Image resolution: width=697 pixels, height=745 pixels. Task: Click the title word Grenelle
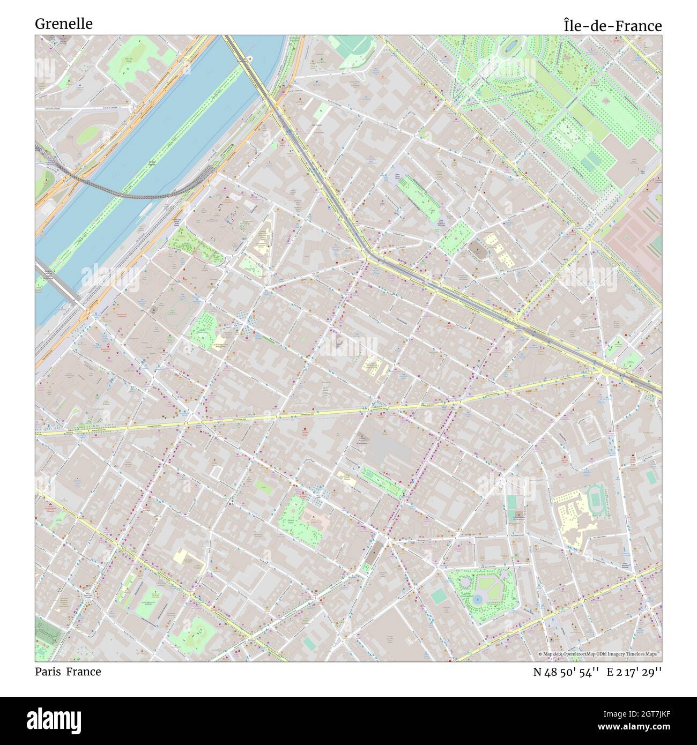(x=63, y=24)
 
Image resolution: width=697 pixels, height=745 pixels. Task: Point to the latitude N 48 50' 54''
(x=566, y=672)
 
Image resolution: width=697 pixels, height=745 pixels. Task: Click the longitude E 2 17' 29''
(x=637, y=672)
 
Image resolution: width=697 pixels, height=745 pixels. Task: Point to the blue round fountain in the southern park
(x=477, y=598)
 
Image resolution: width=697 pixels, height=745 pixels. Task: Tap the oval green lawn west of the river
(x=86, y=135)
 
